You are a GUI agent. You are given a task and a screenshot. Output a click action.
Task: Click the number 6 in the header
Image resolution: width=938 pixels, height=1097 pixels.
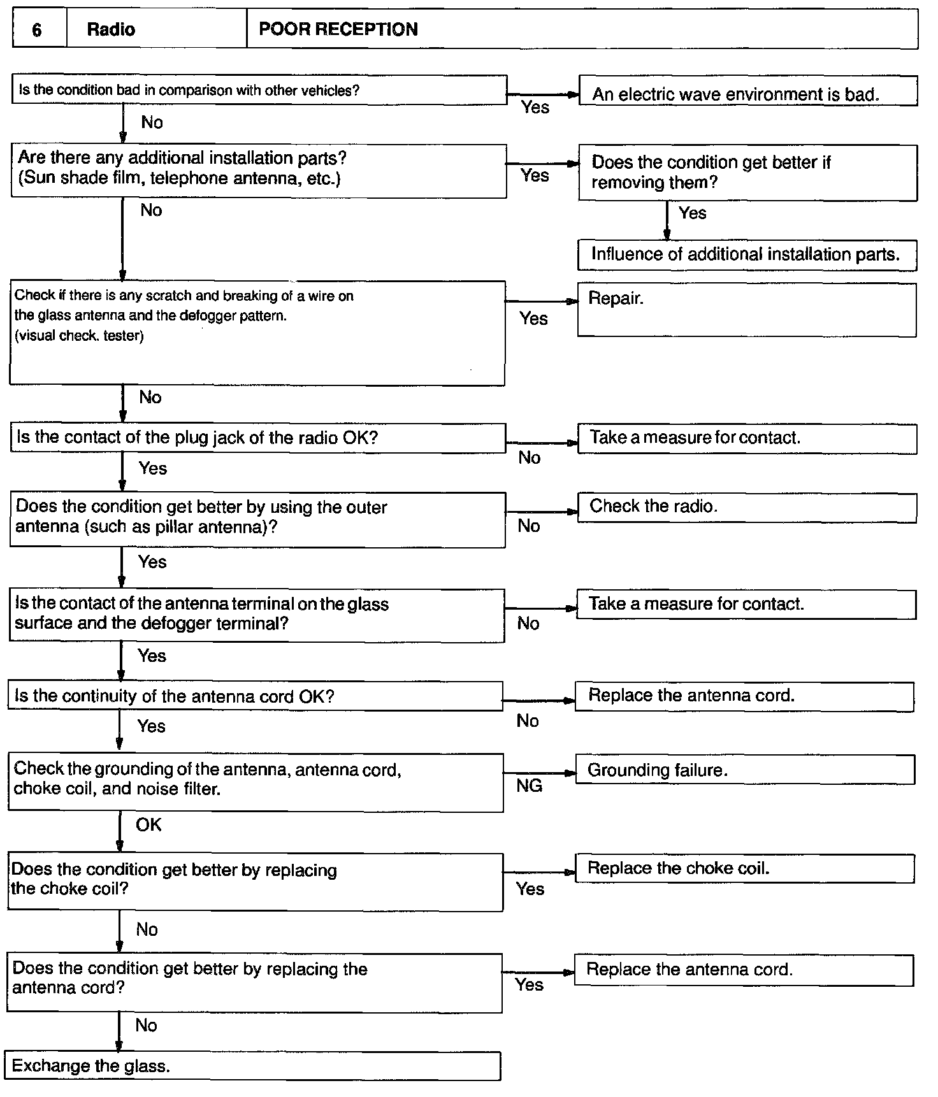pos(37,30)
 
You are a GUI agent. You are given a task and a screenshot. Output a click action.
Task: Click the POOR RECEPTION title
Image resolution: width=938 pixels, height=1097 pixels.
pos(338,29)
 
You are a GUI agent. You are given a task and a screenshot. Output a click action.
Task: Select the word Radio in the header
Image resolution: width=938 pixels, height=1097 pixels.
pos(111,30)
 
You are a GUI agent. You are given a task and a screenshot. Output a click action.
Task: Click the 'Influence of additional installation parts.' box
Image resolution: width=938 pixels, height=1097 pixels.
pos(746,255)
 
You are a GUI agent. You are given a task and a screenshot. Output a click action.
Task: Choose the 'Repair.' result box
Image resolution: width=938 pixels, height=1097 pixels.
pos(746,310)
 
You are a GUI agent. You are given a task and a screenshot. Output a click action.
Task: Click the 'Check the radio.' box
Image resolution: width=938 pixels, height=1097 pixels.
pos(746,508)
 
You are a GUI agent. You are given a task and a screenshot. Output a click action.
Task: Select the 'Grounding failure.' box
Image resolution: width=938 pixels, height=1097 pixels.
pos(744,770)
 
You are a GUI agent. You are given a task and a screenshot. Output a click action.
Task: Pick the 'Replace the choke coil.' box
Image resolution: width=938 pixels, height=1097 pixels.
pos(744,868)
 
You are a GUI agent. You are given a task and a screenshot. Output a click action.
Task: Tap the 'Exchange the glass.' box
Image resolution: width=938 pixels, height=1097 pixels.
pos(253,1066)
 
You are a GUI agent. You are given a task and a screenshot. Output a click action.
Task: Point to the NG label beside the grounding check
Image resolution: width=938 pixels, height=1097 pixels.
pos(530,786)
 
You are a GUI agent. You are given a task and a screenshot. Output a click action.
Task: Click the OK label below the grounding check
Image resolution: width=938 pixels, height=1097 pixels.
pos(148,825)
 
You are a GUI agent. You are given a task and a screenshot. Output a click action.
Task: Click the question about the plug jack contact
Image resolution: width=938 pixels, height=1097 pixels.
pos(257,438)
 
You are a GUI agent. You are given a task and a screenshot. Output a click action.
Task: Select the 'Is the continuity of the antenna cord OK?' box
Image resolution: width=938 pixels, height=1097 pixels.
pos(255,696)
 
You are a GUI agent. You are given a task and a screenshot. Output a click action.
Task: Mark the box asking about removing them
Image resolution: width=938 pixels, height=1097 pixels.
pos(747,173)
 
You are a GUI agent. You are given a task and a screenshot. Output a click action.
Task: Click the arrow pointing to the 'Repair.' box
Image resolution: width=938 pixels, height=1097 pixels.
pos(542,301)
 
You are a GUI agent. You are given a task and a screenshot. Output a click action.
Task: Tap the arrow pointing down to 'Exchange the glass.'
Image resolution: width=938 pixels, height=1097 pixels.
pos(119,1032)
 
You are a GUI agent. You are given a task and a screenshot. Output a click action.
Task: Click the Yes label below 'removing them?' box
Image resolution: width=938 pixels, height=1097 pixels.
pos(693,213)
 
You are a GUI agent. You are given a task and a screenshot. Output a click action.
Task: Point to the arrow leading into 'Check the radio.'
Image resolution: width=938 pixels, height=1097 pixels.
pos(542,512)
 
